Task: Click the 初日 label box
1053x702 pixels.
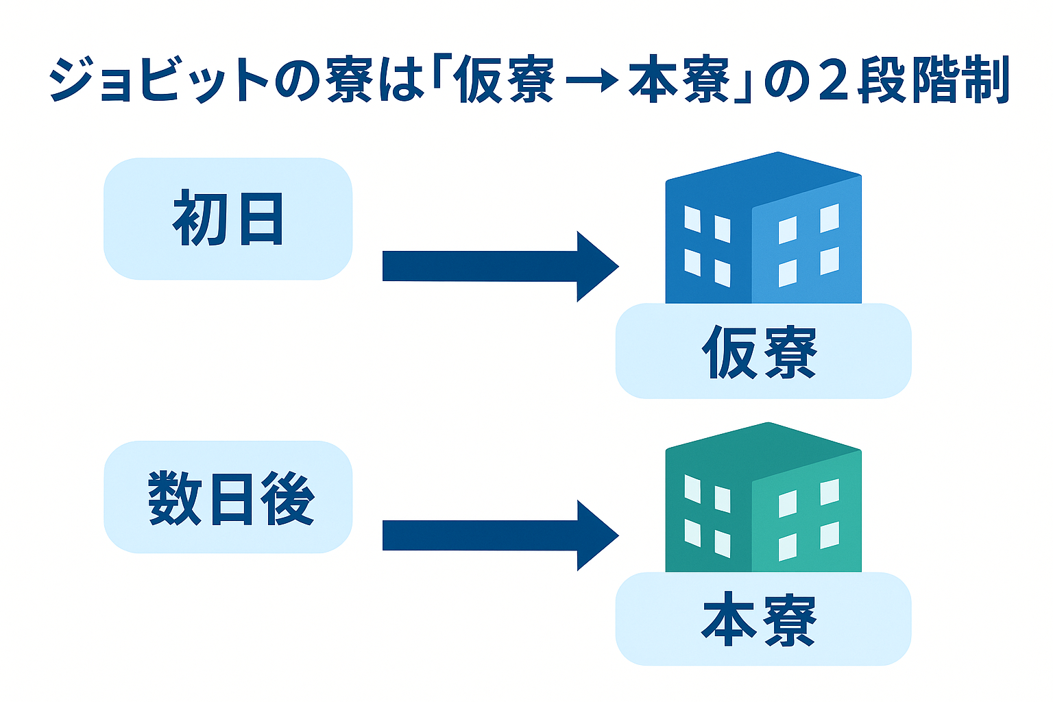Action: click(228, 219)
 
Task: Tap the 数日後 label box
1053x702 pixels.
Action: click(228, 497)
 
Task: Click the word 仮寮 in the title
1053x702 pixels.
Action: click(504, 81)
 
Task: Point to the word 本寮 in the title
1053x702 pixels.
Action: click(679, 81)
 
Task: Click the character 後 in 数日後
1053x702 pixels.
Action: click(288, 498)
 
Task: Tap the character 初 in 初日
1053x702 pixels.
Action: click(199, 219)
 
